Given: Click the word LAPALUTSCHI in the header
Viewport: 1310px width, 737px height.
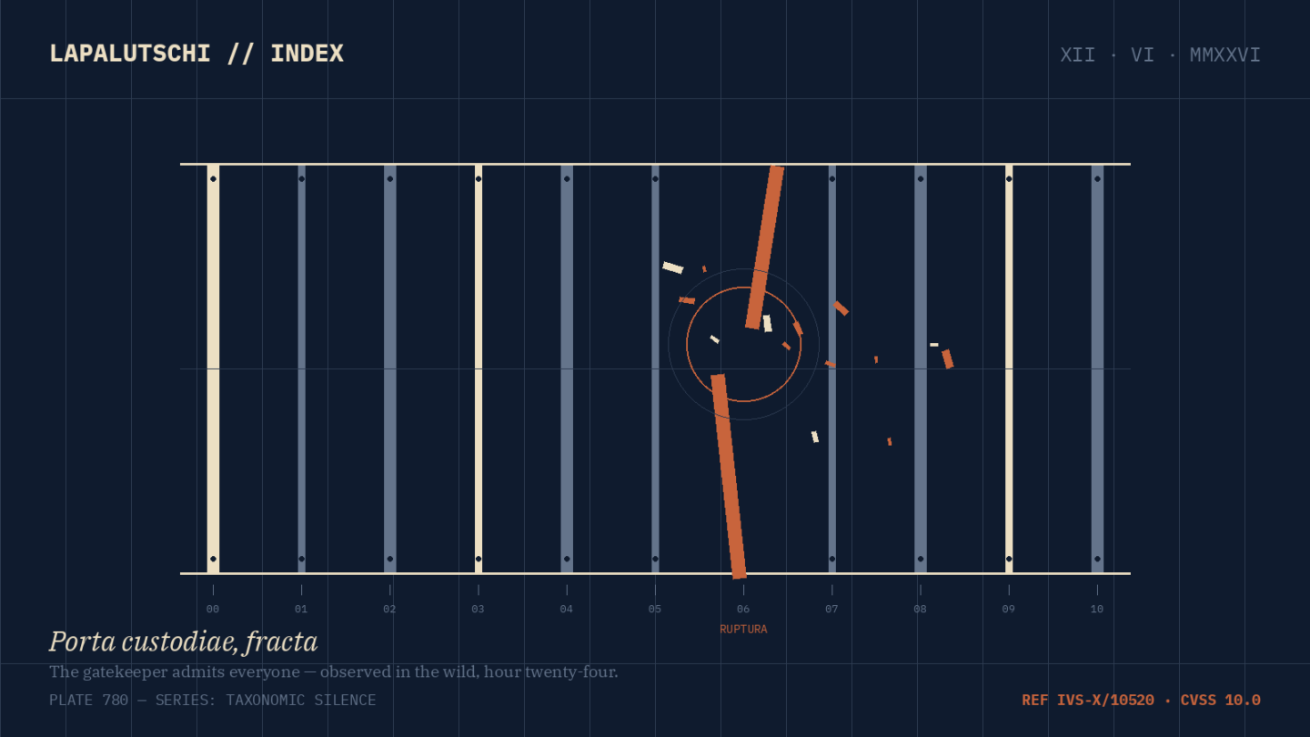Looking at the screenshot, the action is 130,54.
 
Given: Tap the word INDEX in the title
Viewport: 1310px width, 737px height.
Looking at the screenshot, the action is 307,54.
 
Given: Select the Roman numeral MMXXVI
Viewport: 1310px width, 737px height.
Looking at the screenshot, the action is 1224,55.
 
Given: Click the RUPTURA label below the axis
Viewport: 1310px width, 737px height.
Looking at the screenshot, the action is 743,630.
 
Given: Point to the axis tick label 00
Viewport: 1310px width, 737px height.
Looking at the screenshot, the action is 213,609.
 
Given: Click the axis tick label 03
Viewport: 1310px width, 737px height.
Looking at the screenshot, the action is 478,609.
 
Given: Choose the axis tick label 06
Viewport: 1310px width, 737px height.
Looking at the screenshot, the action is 743,609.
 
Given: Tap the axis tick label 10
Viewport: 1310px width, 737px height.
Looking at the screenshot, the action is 1097,609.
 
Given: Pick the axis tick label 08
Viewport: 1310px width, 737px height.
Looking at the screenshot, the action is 920,609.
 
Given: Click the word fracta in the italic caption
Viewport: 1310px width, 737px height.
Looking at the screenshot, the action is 281,642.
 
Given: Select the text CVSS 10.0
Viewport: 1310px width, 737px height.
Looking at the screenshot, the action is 1221,701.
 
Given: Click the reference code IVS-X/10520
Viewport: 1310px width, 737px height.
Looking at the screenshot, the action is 1105,701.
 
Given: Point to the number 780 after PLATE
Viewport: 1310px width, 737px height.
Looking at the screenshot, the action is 116,701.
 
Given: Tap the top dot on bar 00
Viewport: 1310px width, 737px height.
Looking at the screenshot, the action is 214,179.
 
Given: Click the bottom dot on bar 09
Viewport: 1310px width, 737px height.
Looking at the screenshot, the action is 1009,560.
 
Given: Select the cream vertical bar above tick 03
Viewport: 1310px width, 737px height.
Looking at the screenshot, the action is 479,369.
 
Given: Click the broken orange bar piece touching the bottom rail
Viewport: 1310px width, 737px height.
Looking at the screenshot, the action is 729,477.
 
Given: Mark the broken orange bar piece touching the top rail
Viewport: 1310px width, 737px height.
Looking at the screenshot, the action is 764,247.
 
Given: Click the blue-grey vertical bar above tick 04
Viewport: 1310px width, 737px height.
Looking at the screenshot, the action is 567,369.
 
